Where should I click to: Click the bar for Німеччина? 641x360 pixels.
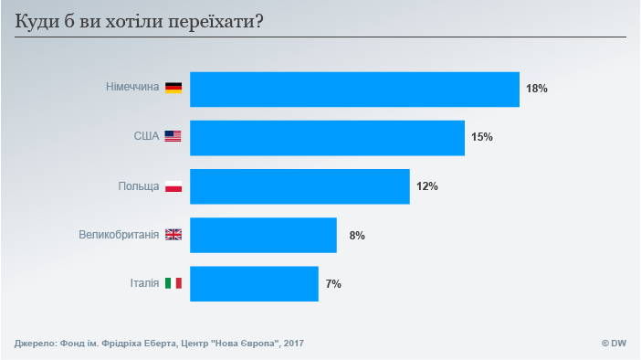click(x=354, y=89)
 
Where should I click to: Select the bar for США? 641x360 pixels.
click(x=327, y=137)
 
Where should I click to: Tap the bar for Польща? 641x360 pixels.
click(x=299, y=186)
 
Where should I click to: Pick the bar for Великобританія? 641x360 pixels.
click(x=263, y=235)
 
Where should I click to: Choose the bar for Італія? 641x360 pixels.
click(x=254, y=283)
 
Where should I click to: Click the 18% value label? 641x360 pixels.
click(x=536, y=89)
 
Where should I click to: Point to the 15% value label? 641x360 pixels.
click(x=481, y=137)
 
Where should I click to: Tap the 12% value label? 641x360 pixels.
click(x=427, y=186)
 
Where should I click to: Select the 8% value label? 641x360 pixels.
click(x=357, y=235)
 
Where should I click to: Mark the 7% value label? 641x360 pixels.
click(x=333, y=283)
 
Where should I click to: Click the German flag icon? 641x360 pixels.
click(x=173, y=89)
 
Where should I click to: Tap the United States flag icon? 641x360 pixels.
click(x=173, y=137)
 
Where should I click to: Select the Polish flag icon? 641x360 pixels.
click(x=173, y=186)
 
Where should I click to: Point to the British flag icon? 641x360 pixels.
click(x=173, y=235)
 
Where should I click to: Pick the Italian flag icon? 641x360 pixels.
click(x=173, y=283)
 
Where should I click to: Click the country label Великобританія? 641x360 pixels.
click(x=119, y=235)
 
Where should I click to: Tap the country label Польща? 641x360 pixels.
click(x=139, y=186)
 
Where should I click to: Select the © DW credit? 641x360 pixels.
click(x=613, y=344)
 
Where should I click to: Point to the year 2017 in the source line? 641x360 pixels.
click(x=292, y=344)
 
